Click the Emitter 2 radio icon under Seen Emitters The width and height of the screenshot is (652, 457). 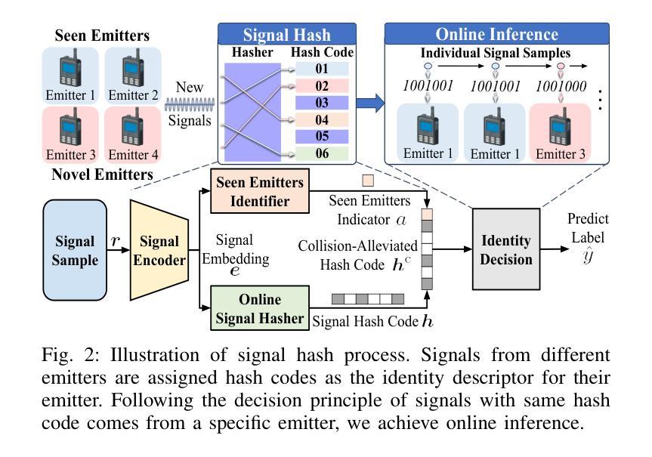(x=133, y=68)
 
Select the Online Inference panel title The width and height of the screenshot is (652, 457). (x=496, y=34)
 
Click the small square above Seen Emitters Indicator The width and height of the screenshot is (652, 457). (x=368, y=181)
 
